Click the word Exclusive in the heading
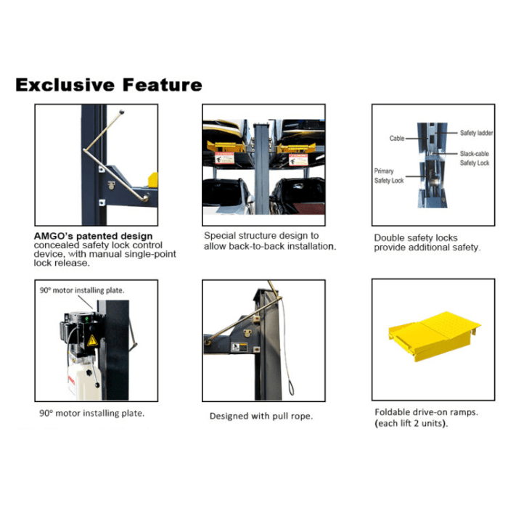(65, 85)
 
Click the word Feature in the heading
(163, 85)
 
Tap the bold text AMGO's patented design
(94, 236)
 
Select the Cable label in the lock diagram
(397, 139)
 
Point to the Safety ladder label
(476, 133)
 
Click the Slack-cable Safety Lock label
(475, 158)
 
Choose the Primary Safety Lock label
(389, 176)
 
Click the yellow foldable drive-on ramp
(434, 336)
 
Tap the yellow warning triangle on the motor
(92, 340)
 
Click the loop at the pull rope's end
(291, 388)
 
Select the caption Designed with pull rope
(261, 416)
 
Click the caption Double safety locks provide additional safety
(427, 242)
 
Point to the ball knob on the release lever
(122, 112)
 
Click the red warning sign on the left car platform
(224, 158)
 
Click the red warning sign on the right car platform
(298, 160)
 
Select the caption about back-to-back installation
(270, 241)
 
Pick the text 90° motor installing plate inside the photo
(82, 290)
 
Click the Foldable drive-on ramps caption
(427, 417)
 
